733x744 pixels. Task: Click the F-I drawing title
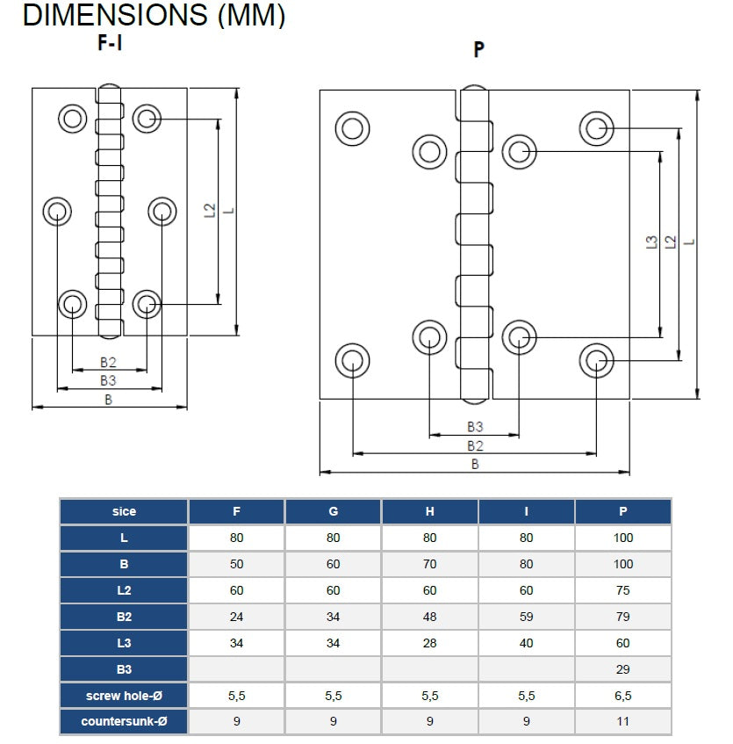click(109, 43)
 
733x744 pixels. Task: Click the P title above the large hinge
click(478, 49)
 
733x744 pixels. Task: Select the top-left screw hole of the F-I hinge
click(72, 116)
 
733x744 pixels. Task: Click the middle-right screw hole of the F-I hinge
click(162, 211)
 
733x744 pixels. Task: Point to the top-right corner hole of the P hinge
click(597, 128)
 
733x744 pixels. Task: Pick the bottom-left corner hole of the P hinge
click(353, 360)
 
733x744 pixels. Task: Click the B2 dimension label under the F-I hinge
click(108, 362)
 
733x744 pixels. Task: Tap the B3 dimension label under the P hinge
click(474, 427)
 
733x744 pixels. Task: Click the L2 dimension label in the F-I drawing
click(209, 211)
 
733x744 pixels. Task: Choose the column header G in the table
click(333, 511)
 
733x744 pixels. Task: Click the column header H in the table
click(429, 511)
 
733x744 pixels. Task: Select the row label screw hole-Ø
click(124, 696)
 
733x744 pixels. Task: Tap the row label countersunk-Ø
click(124, 722)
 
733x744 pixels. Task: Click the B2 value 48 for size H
click(429, 617)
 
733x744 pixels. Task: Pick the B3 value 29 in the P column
click(623, 669)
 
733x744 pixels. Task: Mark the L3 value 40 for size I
click(526, 643)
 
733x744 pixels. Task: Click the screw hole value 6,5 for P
click(623, 696)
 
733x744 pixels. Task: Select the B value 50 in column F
click(236, 564)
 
